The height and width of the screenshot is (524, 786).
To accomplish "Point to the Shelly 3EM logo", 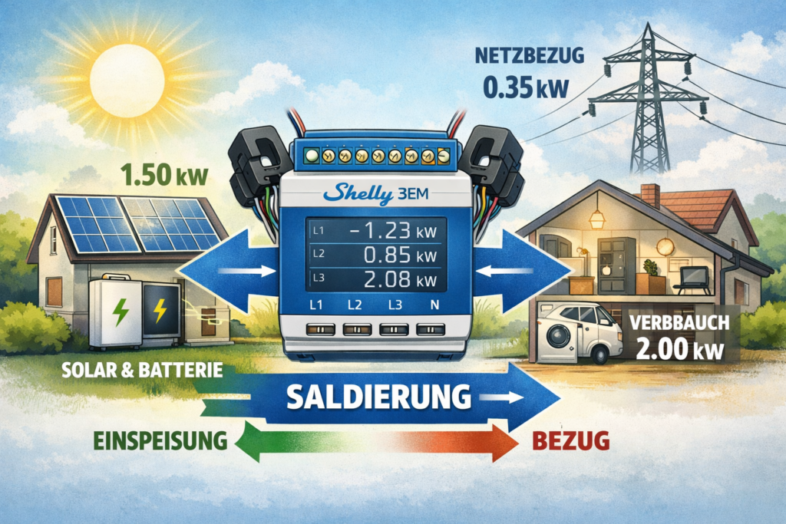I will click(368, 192).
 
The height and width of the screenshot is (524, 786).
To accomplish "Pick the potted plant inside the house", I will click(651, 270).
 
